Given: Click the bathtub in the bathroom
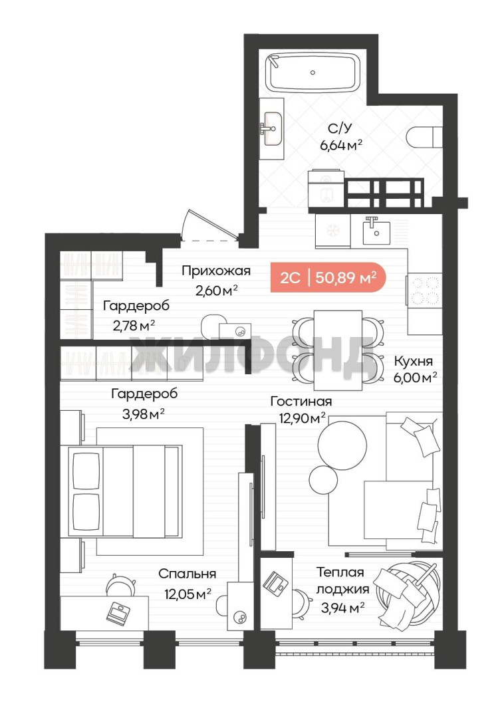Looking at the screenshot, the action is [x=313, y=72].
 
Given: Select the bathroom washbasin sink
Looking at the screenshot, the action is [x=271, y=129].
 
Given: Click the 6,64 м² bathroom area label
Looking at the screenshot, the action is [x=341, y=146].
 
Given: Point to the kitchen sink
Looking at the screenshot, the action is [x=376, y=232].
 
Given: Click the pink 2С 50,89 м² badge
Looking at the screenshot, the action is [x=328, y=277].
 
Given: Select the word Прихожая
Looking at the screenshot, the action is [x=216, y=271].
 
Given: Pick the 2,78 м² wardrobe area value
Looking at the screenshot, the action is [x=133, y=326].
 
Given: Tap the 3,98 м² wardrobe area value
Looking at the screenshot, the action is [x=143, y=414].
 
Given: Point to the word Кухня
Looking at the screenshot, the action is [x=414, y=361].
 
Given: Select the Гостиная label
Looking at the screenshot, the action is [x=301, y=402].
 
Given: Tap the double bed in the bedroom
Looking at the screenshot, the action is [x=124, y=491].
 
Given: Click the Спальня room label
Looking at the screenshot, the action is [x=188, y=574].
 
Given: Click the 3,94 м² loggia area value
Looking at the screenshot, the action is [x=342, y=608].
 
